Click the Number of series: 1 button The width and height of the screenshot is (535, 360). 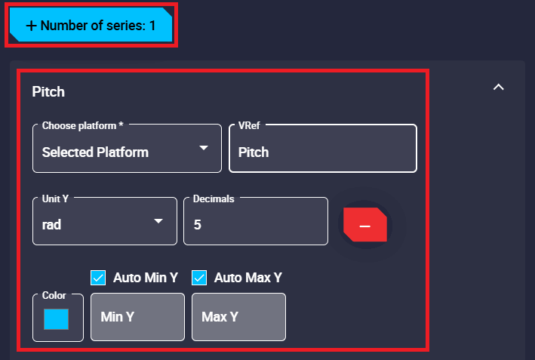click(x=92, y=26)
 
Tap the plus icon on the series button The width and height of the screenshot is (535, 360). click(x=31, y=26)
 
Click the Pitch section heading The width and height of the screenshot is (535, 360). click(x=48, y=92)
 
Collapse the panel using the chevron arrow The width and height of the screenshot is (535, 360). click(x=498, y=88)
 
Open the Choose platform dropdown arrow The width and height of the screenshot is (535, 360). click(x=203, y=148)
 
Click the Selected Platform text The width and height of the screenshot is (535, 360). click(x=95, y=152)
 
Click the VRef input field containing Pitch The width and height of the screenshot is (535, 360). click(x=322, y=152)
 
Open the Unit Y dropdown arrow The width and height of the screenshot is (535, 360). click(x=158, y=221)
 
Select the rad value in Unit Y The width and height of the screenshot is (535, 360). click(x=52, y=225)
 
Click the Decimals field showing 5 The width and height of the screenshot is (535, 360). click(x=255, y=224)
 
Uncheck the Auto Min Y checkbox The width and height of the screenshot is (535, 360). click(x=98, y=278)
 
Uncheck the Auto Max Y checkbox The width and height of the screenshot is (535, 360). click(x=199, y=278)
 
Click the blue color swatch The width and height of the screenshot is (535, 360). click(x=57, y=318)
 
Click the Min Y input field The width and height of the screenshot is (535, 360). click(x=137, y=317)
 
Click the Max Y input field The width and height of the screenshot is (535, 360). click(x=238, y=317)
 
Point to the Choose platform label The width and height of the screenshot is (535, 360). click(x=82, y=125)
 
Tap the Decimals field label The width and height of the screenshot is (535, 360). click(x=214, y=198)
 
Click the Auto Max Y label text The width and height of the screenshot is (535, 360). click(x=248, y=278)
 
